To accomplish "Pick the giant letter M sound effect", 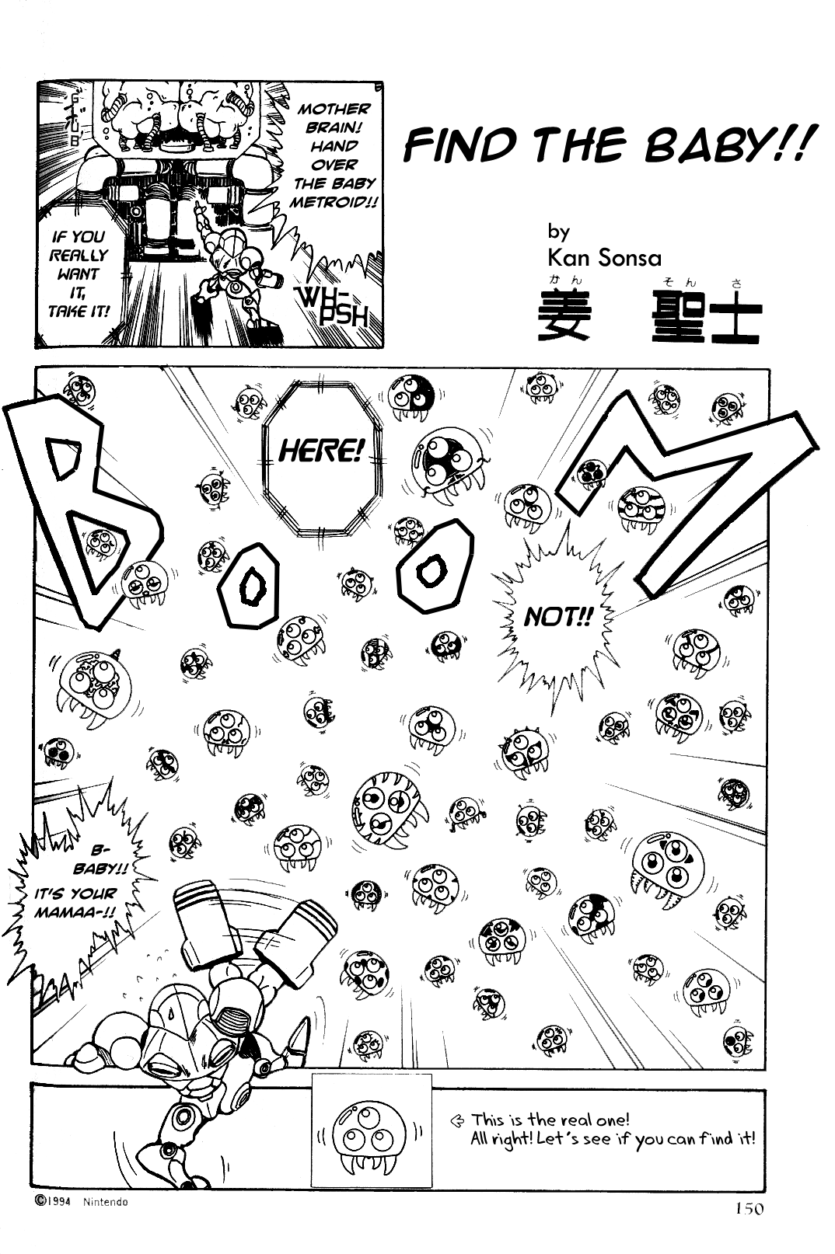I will point(684,497).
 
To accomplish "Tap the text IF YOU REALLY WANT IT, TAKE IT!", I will point(79,273).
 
